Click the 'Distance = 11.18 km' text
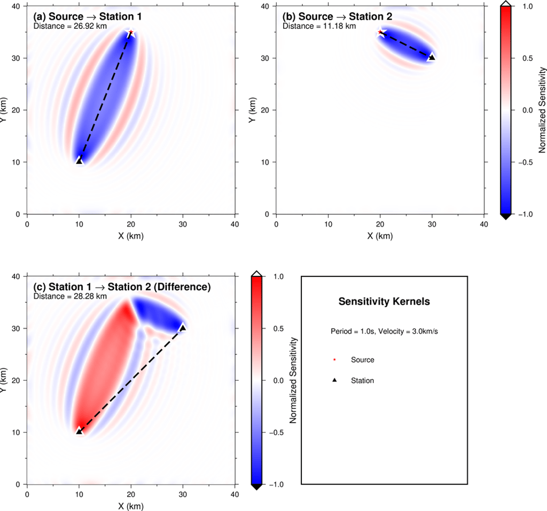319,26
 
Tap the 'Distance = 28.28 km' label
71,296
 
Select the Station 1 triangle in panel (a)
79,161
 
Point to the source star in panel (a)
131,33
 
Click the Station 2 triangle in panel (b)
432,57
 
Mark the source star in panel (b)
380,33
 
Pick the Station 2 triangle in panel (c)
183,328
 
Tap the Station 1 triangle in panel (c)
79,431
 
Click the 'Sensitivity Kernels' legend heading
384,302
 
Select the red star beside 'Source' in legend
335,360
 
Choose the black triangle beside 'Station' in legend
335,381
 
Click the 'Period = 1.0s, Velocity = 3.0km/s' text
384,331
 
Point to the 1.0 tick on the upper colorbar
528,6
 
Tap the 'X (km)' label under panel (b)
380,236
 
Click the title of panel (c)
121,287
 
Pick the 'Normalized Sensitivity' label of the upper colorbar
542,110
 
